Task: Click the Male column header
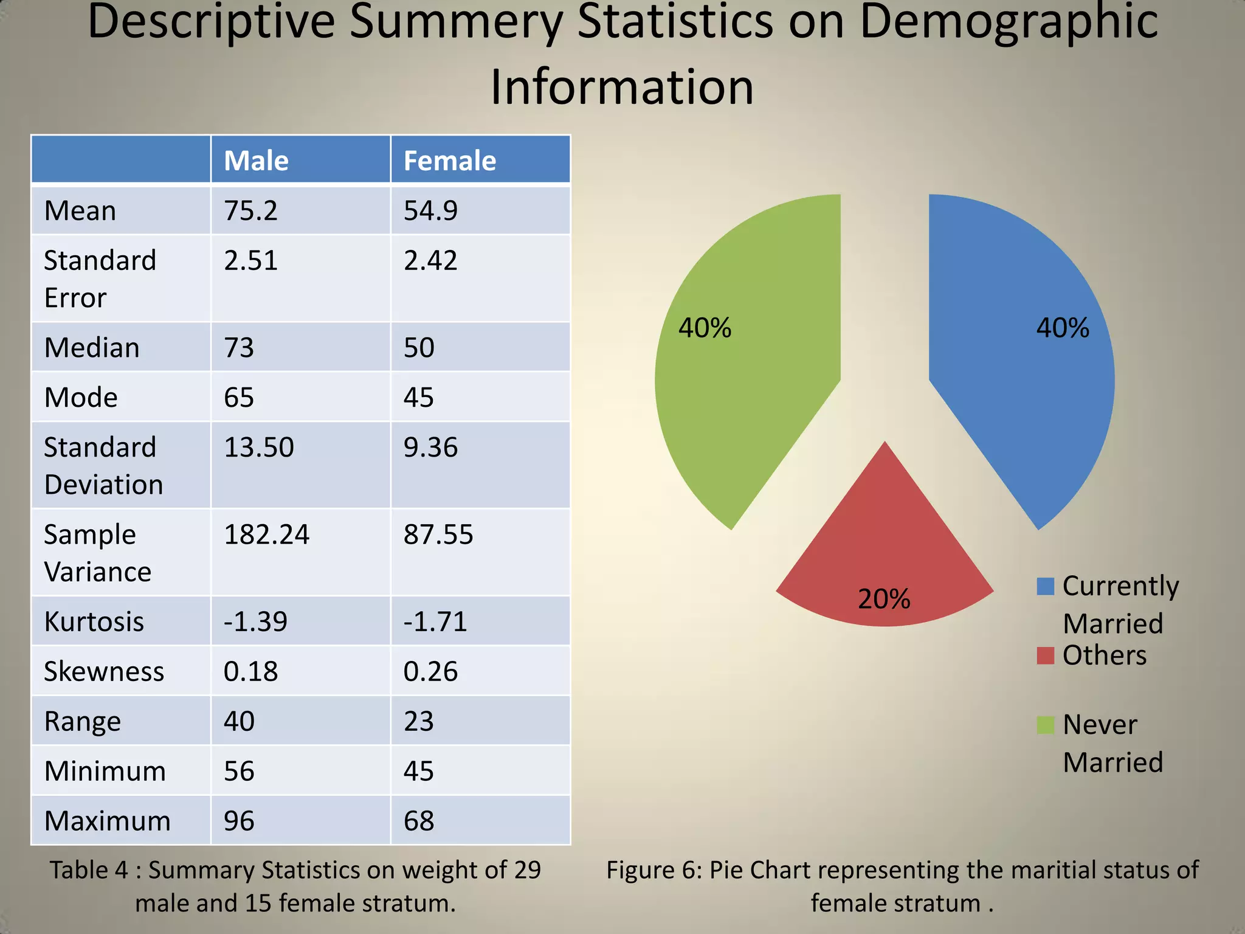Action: [x=256, y=161]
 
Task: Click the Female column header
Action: [x=450, y=161]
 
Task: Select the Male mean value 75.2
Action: [x=250, y=211]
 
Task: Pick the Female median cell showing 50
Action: [x=419, y=348]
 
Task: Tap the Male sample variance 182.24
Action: [x=266, y=535]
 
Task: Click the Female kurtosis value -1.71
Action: [x=435, y=622]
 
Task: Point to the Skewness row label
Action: [x=104, y=672]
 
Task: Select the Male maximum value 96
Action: [x=239, y=822]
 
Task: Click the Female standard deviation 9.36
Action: [x=430, y=448]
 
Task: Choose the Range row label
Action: [x=83, y=722]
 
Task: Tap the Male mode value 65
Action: [x=239, y=398]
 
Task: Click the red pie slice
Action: [x=885, y=547]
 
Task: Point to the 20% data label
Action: [x=884, y=599]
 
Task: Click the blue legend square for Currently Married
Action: [x=1045, y=587]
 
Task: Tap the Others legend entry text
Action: [x=1104, y=656]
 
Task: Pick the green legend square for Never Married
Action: [x=1045, y=725]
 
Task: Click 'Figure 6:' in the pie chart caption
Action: [x=654, y=870]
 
